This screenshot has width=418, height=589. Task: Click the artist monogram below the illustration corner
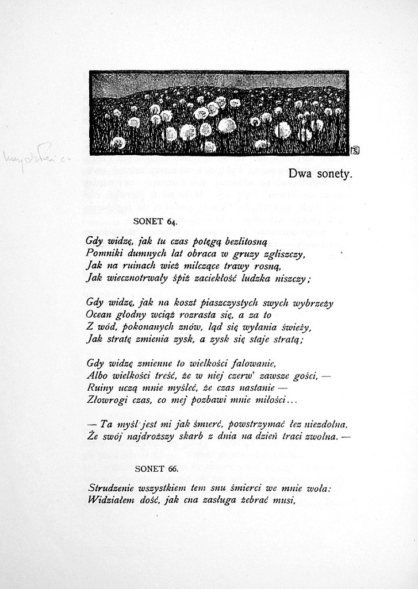coord(355,151)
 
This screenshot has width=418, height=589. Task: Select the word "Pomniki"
coord(103,253)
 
